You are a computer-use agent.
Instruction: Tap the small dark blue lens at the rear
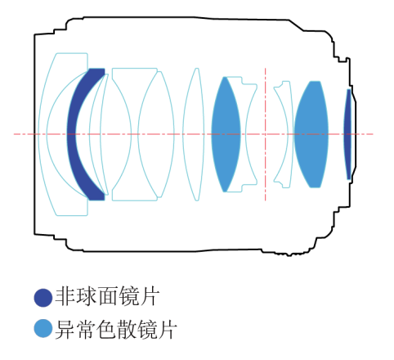[x=347, y=134]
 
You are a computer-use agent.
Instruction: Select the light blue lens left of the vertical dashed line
[x=226, y=134]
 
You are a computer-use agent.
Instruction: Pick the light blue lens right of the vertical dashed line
[x=311, y=134]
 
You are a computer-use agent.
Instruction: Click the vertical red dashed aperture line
[x=265, y=134]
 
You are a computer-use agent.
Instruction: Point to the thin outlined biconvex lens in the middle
[x=194, y=134]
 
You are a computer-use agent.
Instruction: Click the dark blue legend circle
[x=43, y=298]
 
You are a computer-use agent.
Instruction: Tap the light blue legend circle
[x=43, y=329]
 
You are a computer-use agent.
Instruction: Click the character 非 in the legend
[x=65, y=296]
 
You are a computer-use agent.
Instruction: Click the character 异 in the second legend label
[x=65, y=329]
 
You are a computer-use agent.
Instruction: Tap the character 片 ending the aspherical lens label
[x=150, y=296]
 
